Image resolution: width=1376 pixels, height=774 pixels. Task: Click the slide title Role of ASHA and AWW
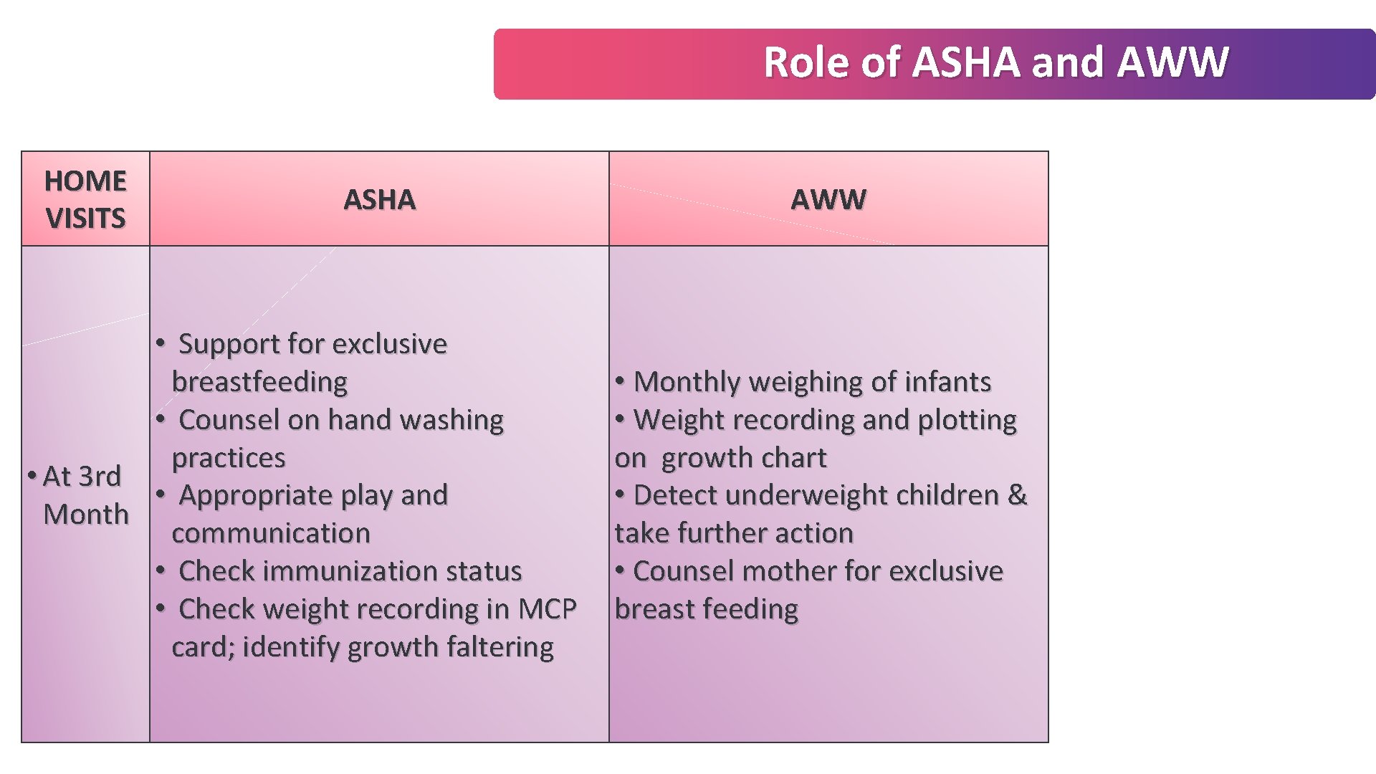[x=995, y=62]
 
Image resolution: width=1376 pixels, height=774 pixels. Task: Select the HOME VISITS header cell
[x=85, y=199]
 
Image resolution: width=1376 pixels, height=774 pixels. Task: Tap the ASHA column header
[x=379, y=199]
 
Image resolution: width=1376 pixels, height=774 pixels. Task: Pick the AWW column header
[x=828, y=199]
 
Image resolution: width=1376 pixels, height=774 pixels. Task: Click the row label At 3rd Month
[x=82, y=495]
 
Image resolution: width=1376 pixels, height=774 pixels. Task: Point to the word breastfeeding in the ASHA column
[x=259, y=382]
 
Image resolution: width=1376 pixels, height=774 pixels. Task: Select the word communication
[x=271, y=533]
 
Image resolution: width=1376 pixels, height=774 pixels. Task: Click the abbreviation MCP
[x=547, y=609]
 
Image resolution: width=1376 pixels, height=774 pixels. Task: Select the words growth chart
[x=743, y=458]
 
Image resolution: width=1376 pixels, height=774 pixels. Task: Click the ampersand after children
[x=1017, y=495]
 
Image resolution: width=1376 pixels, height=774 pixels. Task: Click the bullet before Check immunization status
[x=161, y=570]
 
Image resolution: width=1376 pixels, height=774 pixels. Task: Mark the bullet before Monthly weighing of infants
[x=619, y=381]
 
